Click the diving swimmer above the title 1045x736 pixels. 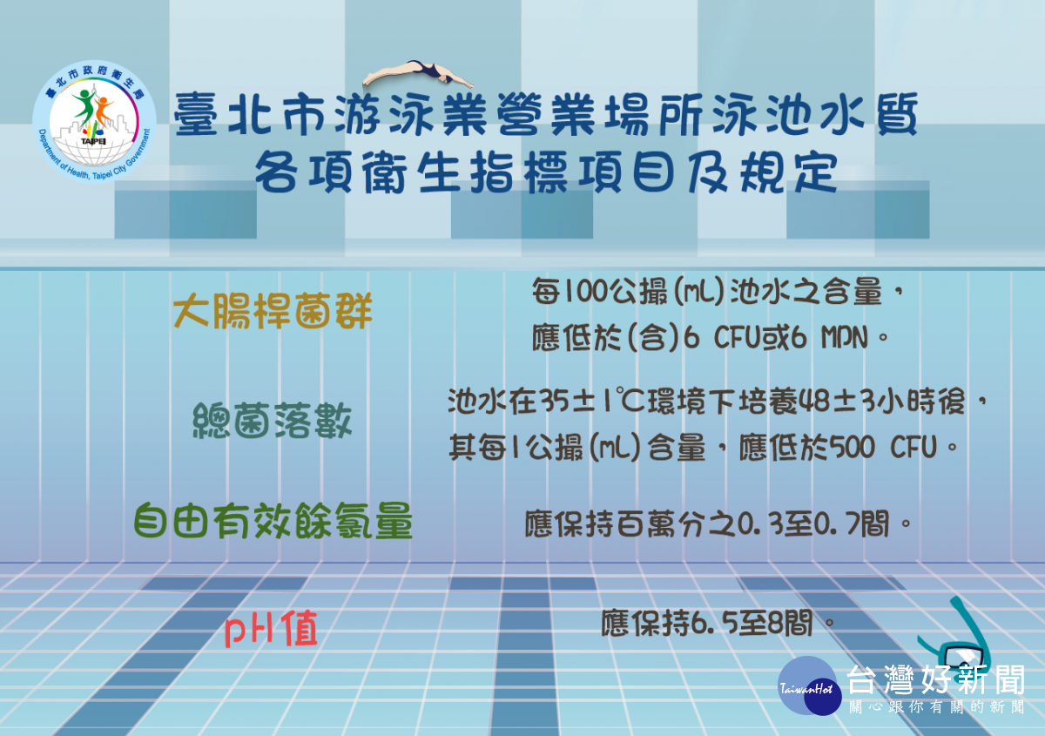416,75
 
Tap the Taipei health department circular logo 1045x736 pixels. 94,121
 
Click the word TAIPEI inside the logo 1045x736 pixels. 93,141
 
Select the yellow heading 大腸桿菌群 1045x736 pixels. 273,311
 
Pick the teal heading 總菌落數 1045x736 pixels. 273,421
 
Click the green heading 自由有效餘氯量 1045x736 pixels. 273,521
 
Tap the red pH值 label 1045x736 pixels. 271,629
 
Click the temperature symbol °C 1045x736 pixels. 630,402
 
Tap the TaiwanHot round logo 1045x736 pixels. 809,686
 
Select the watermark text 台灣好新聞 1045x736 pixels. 936,680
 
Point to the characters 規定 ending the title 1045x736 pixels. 788,172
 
